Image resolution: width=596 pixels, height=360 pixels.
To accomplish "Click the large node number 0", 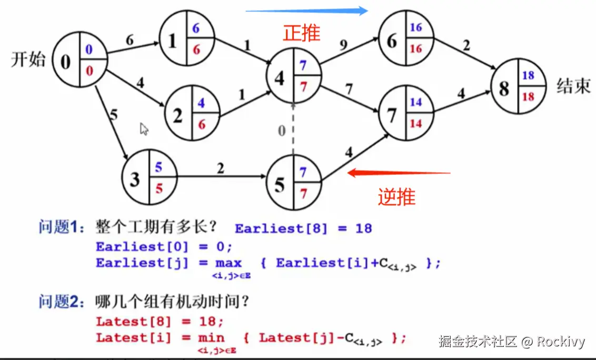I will coord(65,62).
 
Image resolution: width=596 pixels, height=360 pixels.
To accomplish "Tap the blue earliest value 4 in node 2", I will coord(201,103).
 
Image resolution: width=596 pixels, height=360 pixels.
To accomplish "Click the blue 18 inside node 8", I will coord(528,76).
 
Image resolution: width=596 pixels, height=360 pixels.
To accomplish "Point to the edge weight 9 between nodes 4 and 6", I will coord(344,46).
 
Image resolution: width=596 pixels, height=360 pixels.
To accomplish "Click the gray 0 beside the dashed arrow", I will coord(282,131).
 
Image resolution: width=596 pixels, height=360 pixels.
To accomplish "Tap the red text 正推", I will coord(302,33).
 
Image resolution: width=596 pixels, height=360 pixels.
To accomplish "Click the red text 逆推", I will coord(396,197).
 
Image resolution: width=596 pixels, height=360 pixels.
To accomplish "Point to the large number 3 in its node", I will coord(135,179).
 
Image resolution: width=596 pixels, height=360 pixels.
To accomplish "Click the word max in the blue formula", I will coord(228,263).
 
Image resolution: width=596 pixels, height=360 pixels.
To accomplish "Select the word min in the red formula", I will coord(211,338).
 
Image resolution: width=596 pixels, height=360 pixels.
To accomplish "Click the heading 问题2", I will coord(62,302).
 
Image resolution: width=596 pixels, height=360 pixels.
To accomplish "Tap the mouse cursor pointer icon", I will coord(144,129).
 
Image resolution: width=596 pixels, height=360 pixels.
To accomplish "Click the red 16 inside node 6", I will coord(416,48).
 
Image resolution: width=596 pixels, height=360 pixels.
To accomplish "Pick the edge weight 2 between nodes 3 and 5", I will coord(220,168).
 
